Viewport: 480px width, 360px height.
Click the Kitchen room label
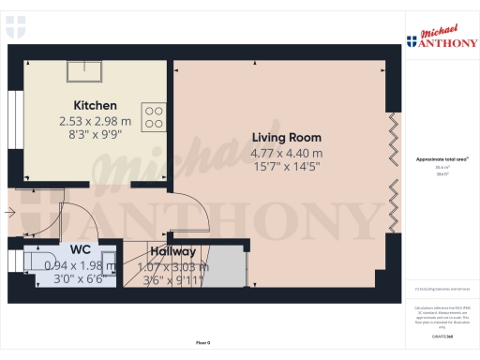(96, 106)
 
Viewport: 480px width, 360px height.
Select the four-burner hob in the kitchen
(154, 116)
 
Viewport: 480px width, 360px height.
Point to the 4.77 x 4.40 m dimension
(286, 153)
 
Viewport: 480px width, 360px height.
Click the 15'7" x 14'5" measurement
(286, 166)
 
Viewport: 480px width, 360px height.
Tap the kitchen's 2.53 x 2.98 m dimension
(96, 121)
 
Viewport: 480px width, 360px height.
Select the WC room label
(80, 250)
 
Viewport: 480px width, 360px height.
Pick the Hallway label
(172, 251)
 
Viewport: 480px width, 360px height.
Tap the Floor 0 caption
(202, 343)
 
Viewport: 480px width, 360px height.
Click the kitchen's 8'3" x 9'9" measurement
(96, 134)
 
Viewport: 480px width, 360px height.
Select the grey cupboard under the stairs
(231, 267)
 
